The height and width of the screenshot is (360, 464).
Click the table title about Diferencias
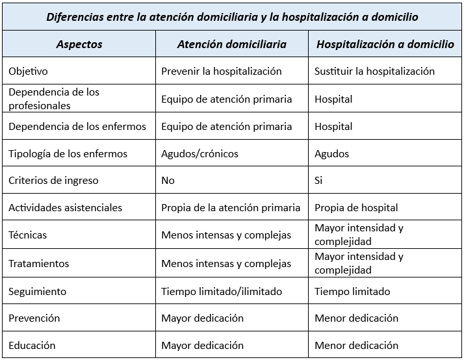pyautogui.click(x=233, y=16)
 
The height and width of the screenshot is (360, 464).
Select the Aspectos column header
pyautogui.click(x=79, y=44)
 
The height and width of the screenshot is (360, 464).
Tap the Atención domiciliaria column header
pyautogui.click(x=231, y=44)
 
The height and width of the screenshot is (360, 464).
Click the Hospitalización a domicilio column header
pyautogui.click(x=385, y=44)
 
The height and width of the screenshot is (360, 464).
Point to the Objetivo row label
pyautogui.click(x=29, y=71)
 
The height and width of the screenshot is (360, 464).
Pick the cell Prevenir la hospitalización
pyautogui.click(x=222, y=71)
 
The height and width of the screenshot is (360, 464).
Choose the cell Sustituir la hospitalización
pyautogui.click(x=374, y=71)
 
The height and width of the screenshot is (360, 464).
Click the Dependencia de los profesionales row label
pyautogui.click(x=54, y=99)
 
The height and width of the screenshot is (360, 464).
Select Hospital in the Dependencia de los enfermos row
pyautogui.click(x=333, y=127)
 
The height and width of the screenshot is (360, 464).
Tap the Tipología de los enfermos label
pyautogui.click(x=68, y=154)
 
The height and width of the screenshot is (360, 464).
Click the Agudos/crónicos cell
pyautogui.click(x=200, y=154)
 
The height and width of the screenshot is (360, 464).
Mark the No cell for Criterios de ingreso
pyautogui.click(x=168, y=181)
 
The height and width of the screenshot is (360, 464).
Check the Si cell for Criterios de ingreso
pyautogui.click(x=318, y=181)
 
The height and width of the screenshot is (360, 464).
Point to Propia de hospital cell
pyautogui.click(x=356, y=208)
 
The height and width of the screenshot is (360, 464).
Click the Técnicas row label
pyautogui.click(x=28, y=235)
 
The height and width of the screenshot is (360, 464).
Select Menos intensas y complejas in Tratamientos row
pyautogui.click(x=226, y=264)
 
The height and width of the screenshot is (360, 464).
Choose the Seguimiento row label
pyautogui.click(x=38, y=292)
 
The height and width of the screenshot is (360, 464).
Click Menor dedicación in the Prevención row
pyautogui.click(x=356, y=318)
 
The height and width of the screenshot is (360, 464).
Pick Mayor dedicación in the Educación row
pyautogui.click(x=202, y=346)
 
